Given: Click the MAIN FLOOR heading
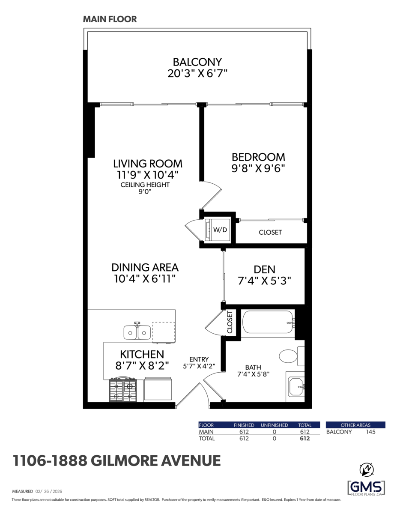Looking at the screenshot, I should [110, 19].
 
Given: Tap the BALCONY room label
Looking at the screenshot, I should [197, 62].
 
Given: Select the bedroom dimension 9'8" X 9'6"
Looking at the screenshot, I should [258, 168].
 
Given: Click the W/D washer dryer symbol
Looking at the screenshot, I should [218, 230].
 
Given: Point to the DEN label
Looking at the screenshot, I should [264, 269].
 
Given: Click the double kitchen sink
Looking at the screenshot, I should [137, 332].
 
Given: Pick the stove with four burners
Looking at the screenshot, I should [123, 390].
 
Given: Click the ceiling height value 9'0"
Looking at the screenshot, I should [145, 192].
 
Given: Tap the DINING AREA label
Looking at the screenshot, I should [145, 267].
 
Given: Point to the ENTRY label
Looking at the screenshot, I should [199, 359].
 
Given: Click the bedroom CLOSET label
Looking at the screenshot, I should [270, 232].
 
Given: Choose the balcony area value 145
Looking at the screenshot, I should [370, 432].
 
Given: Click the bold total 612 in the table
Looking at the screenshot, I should [304, 439].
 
